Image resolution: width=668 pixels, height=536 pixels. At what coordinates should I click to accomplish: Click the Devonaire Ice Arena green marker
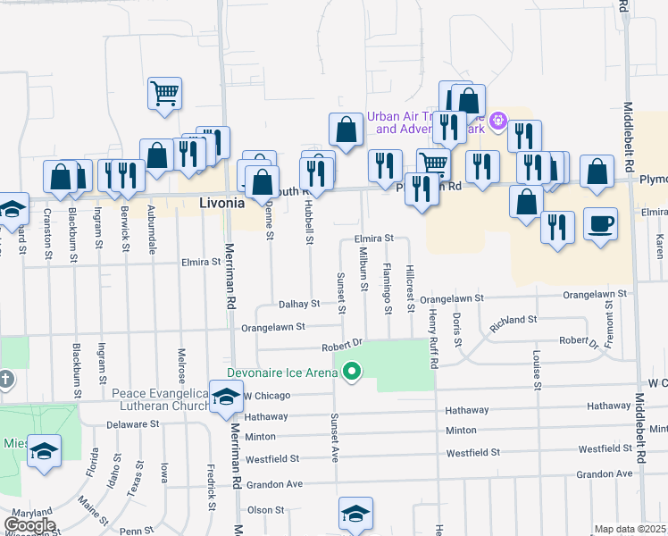[352, 373]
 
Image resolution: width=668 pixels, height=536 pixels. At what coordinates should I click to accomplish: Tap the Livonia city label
[221, 204]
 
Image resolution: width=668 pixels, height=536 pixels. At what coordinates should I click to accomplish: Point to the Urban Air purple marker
[498, 119]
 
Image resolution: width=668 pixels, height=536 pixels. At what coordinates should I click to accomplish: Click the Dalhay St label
[297, 304]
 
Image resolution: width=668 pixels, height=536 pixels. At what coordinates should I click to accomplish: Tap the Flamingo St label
[388, 288]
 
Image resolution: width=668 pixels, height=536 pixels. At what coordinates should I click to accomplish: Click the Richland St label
[513, 319]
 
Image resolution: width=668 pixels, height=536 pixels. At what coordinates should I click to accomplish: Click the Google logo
[30, 524]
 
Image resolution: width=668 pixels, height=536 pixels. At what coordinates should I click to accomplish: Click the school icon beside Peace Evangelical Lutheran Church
[225, 397]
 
